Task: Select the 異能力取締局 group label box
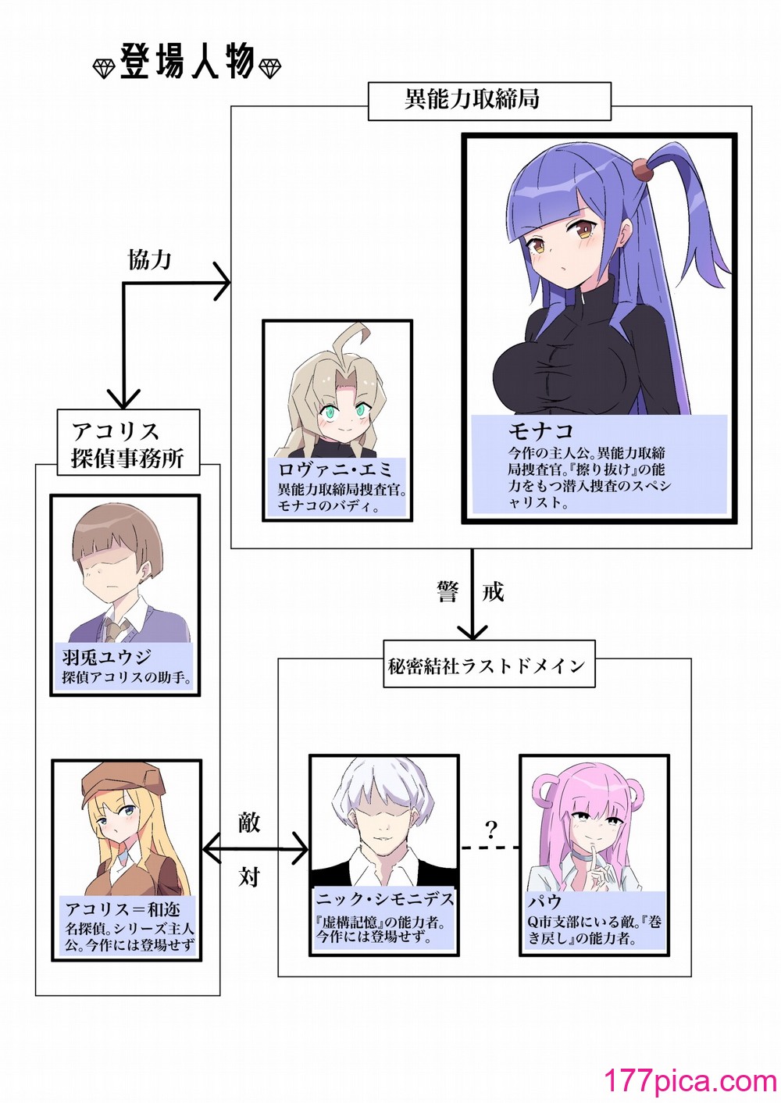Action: click(490, 102)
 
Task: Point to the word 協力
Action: click(148, 259)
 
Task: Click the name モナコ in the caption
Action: click(540, 431)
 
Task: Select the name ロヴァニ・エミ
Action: click(335, 469)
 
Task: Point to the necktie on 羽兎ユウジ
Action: click(116, 630)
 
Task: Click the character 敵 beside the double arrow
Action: click(248, 820)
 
